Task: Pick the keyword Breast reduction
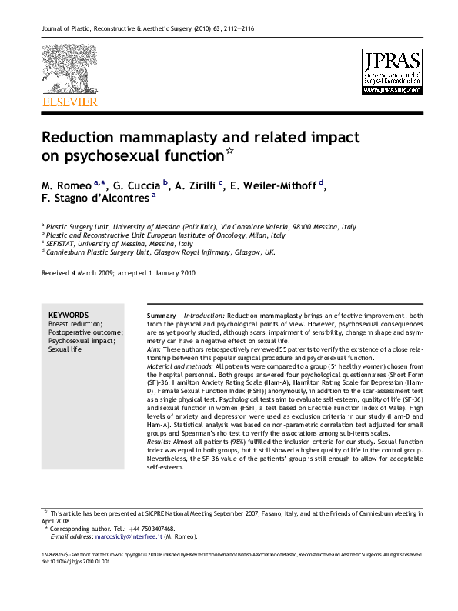(75, 324)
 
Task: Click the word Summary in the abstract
(162, 316)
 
